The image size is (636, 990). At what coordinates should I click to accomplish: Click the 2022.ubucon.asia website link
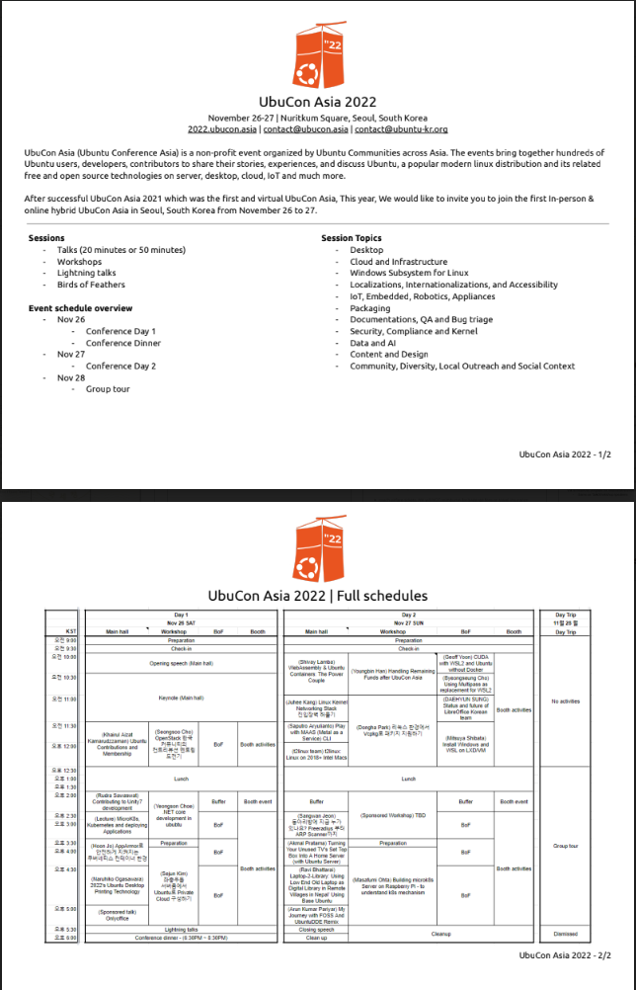222,128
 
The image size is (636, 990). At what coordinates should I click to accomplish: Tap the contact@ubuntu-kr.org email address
401,128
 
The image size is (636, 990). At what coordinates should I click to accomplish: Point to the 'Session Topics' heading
351,238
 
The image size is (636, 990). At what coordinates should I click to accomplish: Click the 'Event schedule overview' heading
80,308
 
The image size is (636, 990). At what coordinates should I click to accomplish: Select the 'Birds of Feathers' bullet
91,285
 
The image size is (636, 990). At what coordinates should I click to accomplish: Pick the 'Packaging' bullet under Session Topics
370,308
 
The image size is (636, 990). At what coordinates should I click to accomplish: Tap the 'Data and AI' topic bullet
373,343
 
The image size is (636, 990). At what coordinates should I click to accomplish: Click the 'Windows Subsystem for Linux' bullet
409,273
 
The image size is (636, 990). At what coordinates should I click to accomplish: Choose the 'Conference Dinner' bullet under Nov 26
122,343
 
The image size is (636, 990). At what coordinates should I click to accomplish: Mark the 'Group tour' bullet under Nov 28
108,389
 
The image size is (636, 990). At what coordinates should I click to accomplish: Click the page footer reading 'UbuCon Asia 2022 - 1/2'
564,454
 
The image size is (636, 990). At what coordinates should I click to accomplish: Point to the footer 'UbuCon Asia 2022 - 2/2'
564,955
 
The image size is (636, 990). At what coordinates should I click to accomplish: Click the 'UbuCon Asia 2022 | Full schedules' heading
317,596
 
